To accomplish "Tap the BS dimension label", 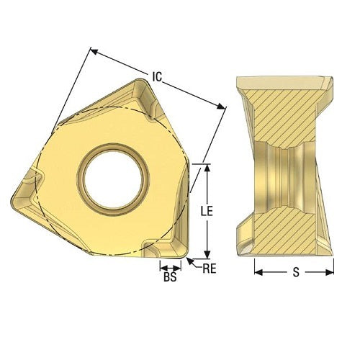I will (x=169, y=276).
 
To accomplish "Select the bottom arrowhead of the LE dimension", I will (x=207, y=255).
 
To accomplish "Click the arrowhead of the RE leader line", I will (x=189, y=257).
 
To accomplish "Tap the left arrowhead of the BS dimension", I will (x=161, y=266).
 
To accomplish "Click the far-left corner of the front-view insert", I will (x=14, y=196).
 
